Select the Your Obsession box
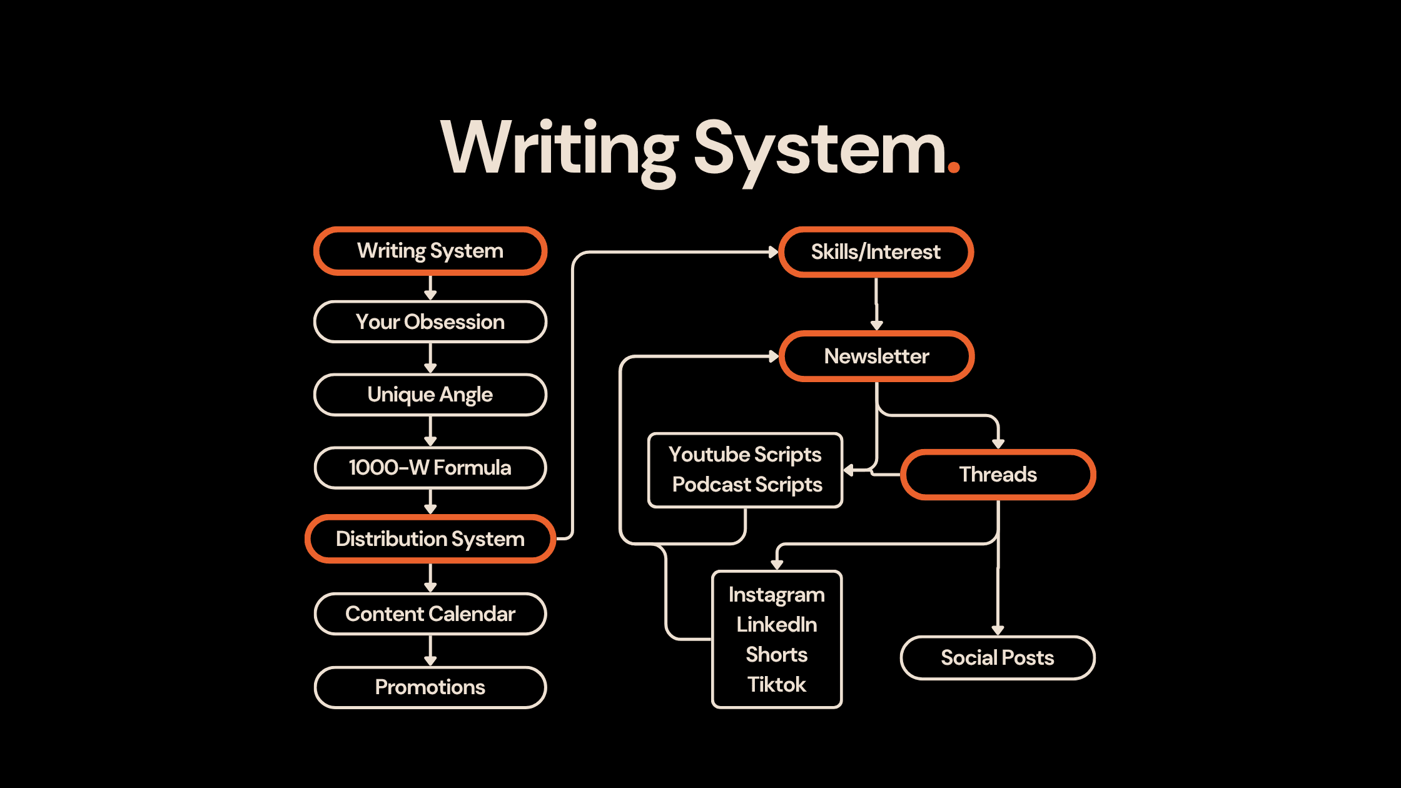430,322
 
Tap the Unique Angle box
430,395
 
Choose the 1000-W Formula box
430,468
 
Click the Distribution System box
430,539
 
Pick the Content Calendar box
430,614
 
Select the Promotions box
430,687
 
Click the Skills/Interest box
876,252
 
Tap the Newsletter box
876,356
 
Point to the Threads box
998,475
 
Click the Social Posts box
998,658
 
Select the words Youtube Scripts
745,455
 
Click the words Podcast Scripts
747,485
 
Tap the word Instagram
776,595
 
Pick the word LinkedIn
776,625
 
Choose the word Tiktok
776,685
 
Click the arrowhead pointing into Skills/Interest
773,252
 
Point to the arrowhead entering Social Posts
998,630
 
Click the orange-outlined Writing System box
430,251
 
